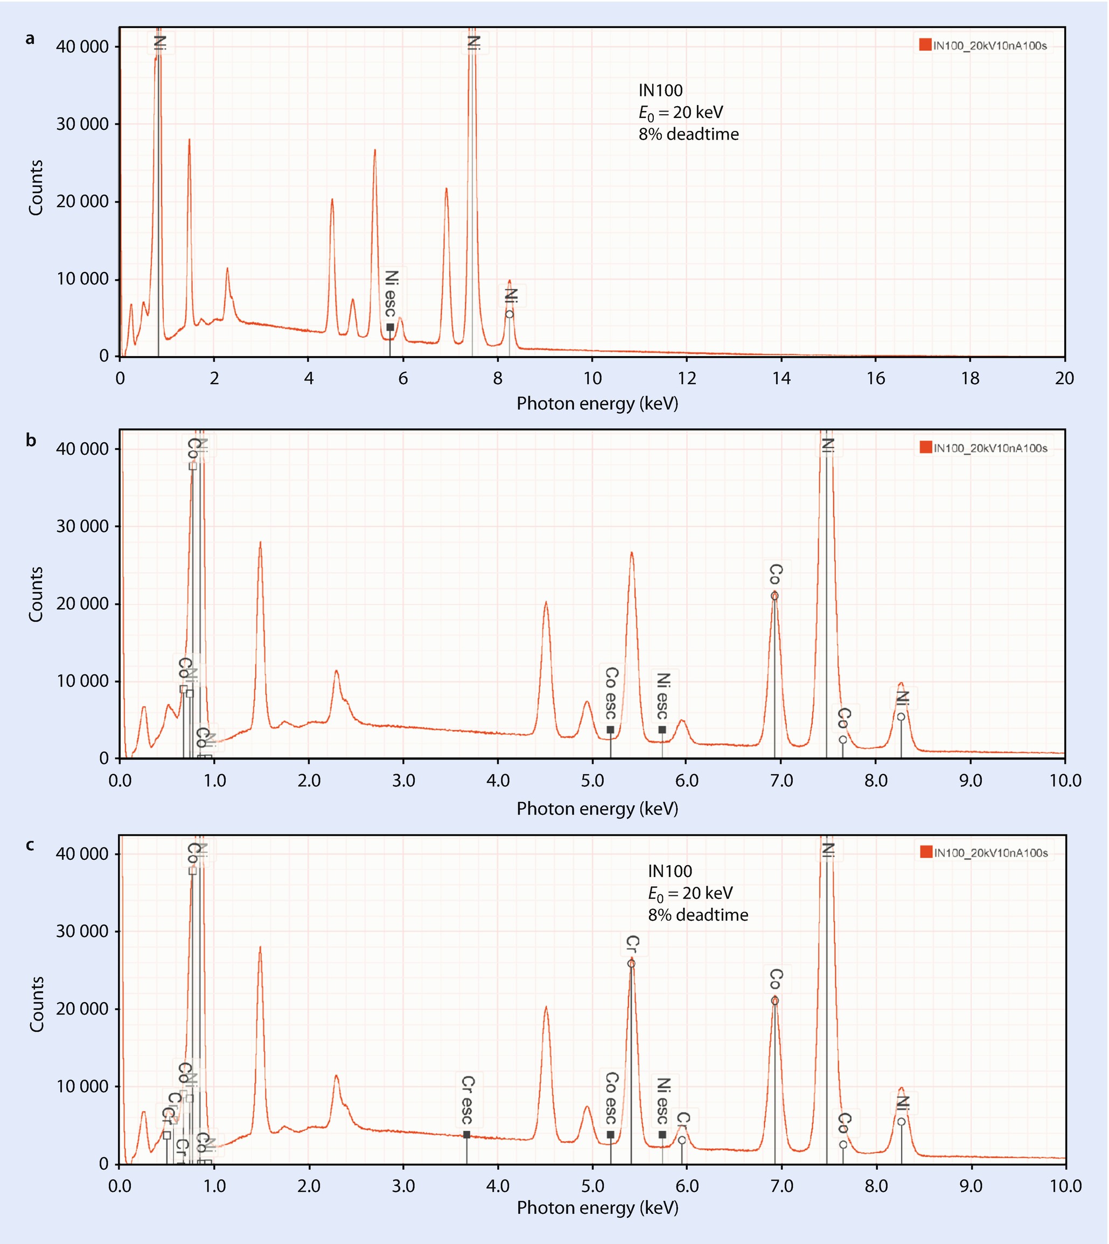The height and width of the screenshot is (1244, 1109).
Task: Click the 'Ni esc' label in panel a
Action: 390,294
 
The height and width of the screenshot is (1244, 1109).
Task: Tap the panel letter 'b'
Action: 31,440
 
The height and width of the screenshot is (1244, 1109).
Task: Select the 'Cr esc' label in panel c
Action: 468,1100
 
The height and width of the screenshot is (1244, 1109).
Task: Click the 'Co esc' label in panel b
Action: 611,693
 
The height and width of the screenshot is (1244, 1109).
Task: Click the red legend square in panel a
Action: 925,45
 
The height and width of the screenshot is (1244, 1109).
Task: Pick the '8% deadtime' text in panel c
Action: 698,915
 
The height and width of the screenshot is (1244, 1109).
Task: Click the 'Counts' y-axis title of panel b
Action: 36,594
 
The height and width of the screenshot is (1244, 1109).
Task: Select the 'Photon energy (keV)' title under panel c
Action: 597,1207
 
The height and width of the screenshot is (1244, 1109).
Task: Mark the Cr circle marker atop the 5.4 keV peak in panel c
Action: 631,964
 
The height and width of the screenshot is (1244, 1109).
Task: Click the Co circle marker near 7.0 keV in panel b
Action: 775,596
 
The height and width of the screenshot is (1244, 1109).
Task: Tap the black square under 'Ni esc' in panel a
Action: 390,328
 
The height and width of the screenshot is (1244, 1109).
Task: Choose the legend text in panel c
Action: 991,853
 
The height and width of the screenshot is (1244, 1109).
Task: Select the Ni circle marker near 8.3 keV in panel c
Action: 901,1122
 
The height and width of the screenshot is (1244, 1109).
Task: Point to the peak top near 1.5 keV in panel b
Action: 260,542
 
